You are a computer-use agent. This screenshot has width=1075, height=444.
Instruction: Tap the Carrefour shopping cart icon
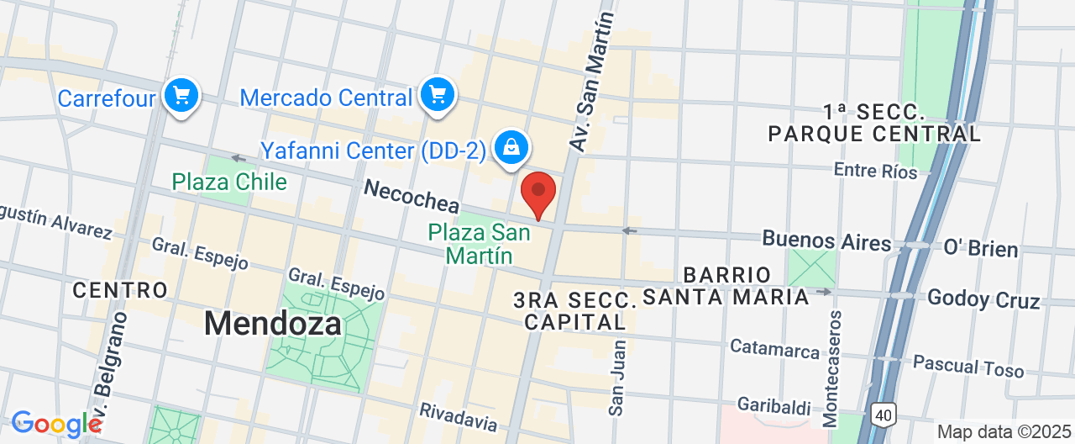181,96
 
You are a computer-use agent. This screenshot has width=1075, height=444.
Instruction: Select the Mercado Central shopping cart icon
437,95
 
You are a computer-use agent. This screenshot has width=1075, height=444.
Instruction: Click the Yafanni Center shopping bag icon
510,148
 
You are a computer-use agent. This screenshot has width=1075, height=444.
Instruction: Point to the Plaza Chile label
229,182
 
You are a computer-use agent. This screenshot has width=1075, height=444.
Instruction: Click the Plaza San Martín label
479,243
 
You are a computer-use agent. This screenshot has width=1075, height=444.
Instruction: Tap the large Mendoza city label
273,323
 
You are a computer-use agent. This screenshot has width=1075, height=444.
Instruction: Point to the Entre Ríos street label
875,171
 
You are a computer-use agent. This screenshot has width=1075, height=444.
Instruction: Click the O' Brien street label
981,249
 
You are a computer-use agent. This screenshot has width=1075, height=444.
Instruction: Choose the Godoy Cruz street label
983,299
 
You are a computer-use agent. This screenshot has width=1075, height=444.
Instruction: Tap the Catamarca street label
774,348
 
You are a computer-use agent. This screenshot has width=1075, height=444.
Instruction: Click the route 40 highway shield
882,415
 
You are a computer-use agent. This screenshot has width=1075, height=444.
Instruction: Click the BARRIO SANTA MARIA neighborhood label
726,286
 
